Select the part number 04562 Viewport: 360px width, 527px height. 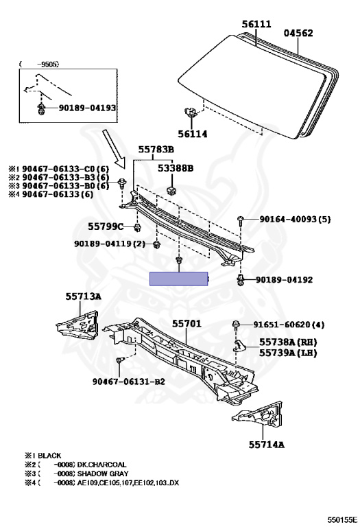(299, 32)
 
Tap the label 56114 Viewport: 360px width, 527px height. (193, 134)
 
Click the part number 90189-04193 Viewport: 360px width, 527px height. (87, 108)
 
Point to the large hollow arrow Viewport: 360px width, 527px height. (110, 146)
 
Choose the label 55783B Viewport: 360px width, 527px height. (156, 149)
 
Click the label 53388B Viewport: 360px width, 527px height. (176, 167)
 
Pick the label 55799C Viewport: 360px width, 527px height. (106, 226)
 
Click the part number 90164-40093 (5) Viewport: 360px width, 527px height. (295, 220)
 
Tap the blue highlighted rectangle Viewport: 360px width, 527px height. (179, 279)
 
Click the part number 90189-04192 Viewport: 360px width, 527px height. (284, 280)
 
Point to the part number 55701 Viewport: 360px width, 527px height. (187, 323)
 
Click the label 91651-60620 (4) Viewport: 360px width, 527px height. (298, 325)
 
